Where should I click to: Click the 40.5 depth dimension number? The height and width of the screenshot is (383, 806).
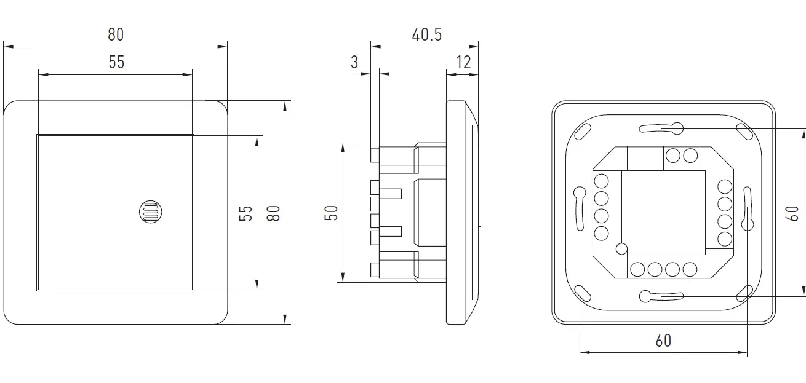[x=426, y=34]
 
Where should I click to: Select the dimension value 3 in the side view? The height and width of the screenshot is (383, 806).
[x=354, y=62]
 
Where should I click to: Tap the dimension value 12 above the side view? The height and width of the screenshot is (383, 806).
[x=463, y=62]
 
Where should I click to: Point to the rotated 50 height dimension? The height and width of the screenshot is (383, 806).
[x=331, y=213]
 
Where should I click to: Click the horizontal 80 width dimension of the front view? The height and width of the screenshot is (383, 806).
[x=116, y=34]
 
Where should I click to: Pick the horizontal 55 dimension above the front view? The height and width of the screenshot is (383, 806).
[x=116, y=62]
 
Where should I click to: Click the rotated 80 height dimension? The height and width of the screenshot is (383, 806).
[x=274, y=213]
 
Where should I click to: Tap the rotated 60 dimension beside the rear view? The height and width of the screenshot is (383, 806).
[x=793, y=213]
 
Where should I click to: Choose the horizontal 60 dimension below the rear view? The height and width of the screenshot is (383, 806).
[x=663, y=340]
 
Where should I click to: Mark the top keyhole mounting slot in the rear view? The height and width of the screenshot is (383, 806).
[x=662, y=128]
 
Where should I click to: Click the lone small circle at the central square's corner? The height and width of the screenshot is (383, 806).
[x=621, y=248]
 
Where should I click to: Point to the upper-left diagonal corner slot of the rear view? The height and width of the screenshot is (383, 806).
[x=582, y=131]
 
